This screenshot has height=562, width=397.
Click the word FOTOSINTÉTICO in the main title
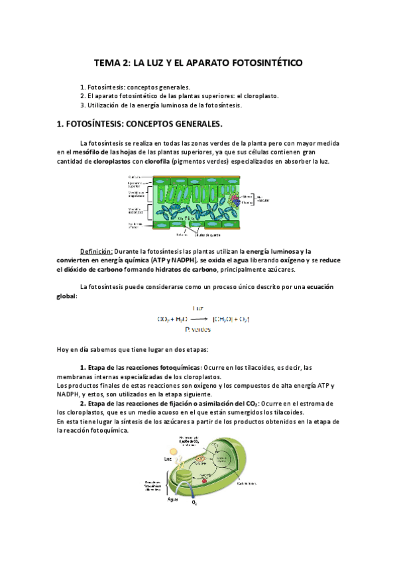click(265, 63)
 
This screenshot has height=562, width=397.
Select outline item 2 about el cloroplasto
click(179, 95)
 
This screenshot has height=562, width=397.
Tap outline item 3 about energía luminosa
click(161, 105)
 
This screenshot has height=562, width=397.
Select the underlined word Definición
click(96, 251)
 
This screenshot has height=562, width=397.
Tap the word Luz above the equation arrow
click(198, 308)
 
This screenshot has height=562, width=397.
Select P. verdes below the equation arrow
click(198, 329)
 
